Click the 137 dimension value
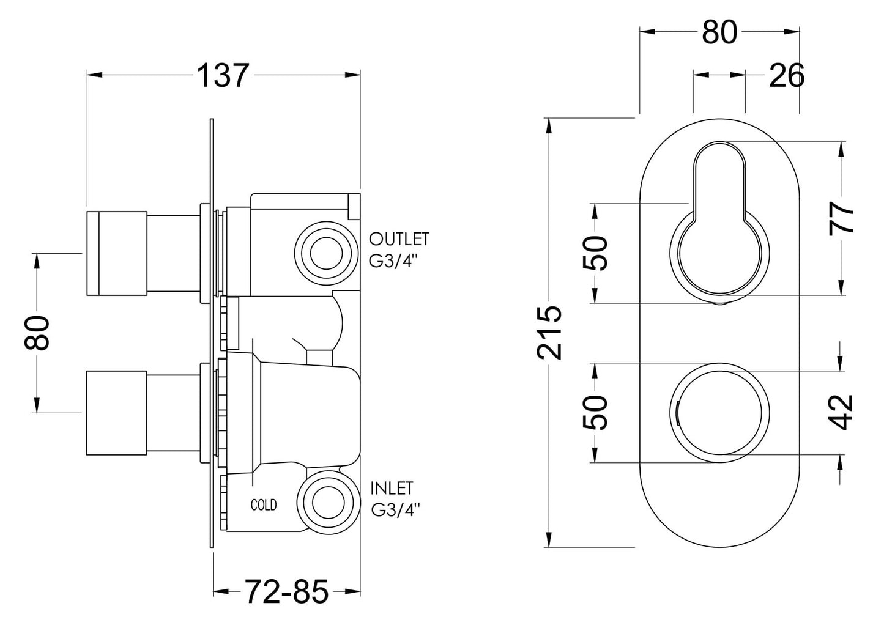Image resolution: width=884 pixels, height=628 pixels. (223, 76)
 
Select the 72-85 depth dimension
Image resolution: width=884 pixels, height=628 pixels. (287, 592)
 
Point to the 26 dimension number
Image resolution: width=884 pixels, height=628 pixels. (786, 76)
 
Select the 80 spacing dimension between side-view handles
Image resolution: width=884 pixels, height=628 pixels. (37, 333)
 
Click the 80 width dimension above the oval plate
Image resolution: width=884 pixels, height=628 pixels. (719, 32)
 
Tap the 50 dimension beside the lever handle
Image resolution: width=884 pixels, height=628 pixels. (595, 253)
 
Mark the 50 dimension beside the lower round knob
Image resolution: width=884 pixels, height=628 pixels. (595, 412)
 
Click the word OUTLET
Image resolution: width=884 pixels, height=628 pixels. (399, 238)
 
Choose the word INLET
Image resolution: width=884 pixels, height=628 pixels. (392, 488)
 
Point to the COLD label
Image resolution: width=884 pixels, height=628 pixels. (264, 505)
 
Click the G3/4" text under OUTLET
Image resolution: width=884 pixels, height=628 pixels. (395, 260)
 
